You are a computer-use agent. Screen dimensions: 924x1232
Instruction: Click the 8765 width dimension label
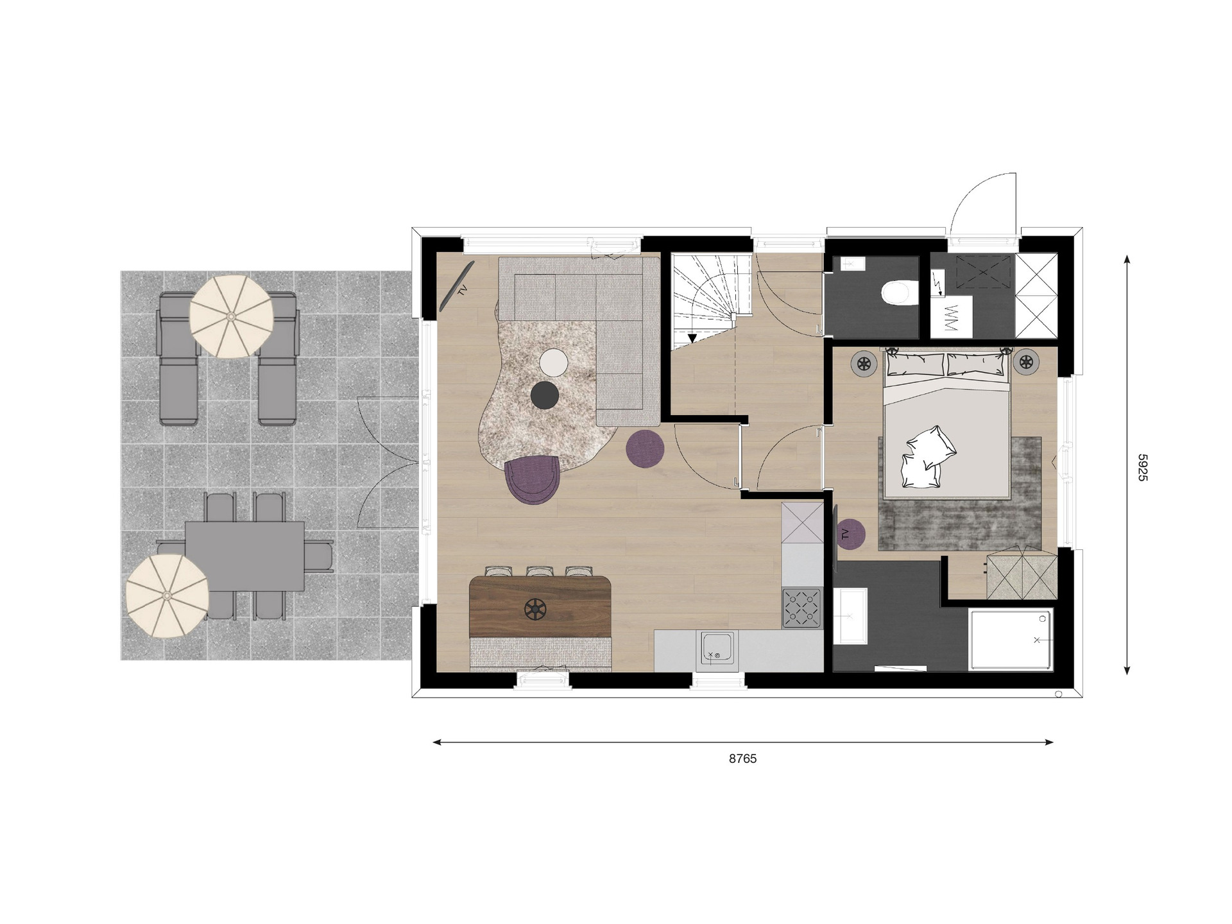click(742, 758)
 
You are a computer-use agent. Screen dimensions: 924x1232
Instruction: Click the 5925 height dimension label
click(1142, 467)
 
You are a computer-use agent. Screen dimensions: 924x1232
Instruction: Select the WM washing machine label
click(950, 318)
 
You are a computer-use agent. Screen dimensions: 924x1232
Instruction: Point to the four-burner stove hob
click(802, 607)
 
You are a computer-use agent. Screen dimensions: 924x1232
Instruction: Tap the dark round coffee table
click(545, 395)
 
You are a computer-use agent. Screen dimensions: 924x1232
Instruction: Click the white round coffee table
click(553, 362)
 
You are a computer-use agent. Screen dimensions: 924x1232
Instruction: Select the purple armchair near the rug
click(533, 478)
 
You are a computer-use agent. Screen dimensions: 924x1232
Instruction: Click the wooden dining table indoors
click(540, 606)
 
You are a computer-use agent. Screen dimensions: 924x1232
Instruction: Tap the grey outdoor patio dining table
click(244, 556)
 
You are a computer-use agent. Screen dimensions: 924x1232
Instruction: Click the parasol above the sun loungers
click(232, 316)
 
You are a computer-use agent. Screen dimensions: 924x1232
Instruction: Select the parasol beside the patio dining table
click(167, 595)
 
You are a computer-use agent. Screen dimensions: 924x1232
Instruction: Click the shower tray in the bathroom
click(1011, 640)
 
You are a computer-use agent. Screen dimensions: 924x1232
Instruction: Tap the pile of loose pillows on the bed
click(925, 456)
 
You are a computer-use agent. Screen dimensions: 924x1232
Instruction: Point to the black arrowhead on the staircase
click(692, 338)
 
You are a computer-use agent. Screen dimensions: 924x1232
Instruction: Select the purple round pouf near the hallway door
click(645, 448)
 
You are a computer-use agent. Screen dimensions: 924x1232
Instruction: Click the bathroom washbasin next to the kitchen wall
click(850, 615)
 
